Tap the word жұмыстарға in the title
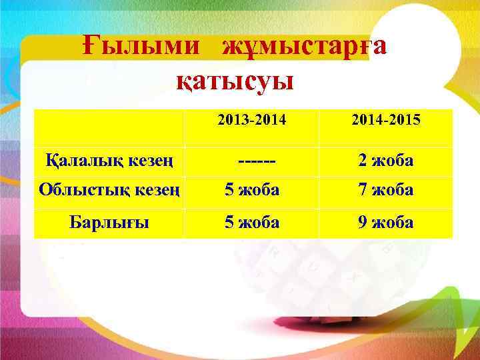tap(304, 47)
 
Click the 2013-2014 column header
tap(251, 121)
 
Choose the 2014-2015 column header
tap(386, 121)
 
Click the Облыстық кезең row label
tap(109, 190)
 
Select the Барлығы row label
tap(109, 222)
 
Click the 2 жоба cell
tap(386, 161)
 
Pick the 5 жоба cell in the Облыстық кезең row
tap(252, 190)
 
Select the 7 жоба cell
tap(386, 190)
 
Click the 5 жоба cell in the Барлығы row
tap(252, 222)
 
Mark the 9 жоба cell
tap(386, 222)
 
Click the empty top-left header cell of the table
tap(109, 127)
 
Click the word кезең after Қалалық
tap(152, 161)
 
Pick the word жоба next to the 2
tap(395, 161)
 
